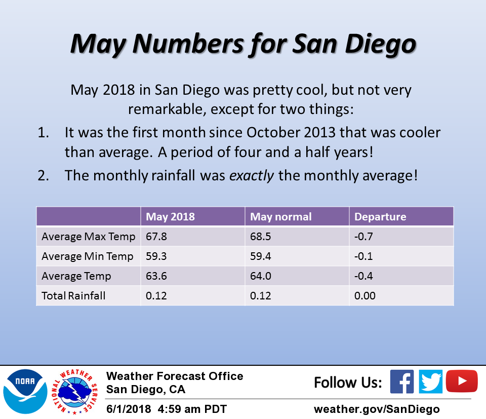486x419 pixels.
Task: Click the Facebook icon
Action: [401, 382]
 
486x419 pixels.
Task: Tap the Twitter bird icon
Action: [430, 382]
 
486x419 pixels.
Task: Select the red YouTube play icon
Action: [462, 381]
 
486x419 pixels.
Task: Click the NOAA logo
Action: [25, 392]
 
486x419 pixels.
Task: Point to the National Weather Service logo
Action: [75, 392]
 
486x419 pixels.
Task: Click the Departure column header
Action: [380, 216]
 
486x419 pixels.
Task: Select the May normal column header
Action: [280, 216]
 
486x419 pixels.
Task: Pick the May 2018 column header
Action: [170, 216]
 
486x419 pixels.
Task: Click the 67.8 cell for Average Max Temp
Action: [156, 237]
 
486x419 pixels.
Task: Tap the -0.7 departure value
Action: [363, 237]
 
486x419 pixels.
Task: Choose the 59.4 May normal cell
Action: [260, 256]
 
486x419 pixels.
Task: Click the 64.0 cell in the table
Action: [260, 276]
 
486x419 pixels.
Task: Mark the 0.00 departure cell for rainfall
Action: [365, 295]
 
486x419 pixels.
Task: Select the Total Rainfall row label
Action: [73, 295]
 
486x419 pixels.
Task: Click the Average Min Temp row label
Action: [88, 256]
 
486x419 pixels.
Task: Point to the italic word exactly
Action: [252, 176]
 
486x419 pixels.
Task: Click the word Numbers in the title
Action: [188, 44]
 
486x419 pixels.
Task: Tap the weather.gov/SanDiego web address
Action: [377, 409]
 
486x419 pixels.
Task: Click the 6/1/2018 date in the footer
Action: [128, 409]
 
